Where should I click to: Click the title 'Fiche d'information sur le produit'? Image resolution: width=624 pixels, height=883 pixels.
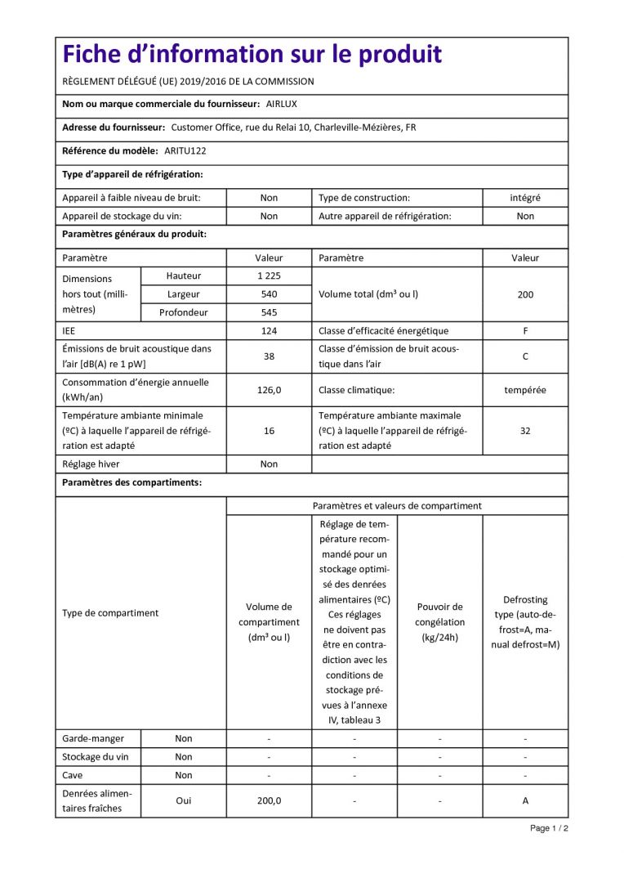pos(252,55)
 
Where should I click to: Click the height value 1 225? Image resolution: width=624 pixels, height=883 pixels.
pos(269,276)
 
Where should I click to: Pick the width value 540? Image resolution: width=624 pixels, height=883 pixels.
pos(269,294)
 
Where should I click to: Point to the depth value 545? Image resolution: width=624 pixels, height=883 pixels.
pos(269,312)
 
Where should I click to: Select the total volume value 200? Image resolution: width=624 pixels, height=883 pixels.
pos(525,294)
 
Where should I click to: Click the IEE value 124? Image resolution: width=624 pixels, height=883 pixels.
pos(269,331)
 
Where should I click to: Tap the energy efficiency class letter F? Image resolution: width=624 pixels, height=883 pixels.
pos(525,331)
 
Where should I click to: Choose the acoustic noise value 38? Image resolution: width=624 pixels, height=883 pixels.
pos(269,356)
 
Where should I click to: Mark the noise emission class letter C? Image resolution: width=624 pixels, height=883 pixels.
pos(525,356)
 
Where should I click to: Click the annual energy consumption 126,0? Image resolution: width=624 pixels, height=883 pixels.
pos(269,390)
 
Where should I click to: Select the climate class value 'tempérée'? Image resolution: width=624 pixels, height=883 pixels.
pos(525,390)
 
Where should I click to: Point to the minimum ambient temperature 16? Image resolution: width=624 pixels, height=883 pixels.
pos(269,431)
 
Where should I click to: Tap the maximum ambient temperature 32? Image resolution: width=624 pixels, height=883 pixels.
pos(525,431)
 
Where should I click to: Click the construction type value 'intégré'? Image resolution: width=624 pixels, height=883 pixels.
pos(525,198)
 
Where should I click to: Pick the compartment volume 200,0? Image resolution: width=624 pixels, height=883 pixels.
pos(269,800)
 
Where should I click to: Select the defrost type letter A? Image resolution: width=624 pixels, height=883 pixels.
pos(525,800)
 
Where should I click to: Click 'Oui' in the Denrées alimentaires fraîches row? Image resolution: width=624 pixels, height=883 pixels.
pos(184,800)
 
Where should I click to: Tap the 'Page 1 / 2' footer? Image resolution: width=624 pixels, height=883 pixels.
pos(549,828)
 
